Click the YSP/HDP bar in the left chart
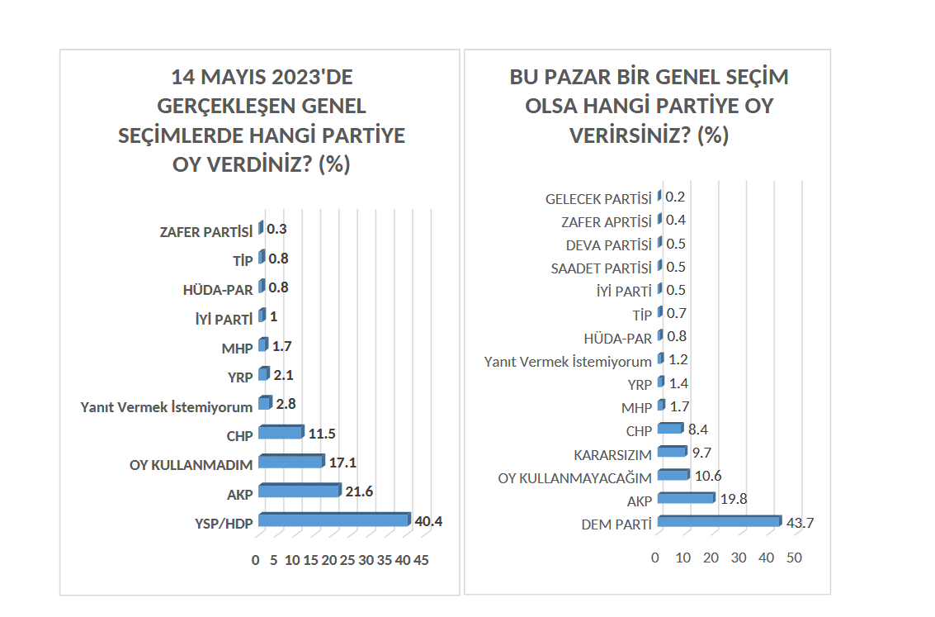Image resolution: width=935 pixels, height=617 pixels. click(x=333, y=520)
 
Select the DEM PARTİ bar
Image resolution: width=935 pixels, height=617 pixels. click(x=719, y=521)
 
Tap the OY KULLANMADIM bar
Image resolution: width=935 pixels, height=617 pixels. click(x=290, y=462)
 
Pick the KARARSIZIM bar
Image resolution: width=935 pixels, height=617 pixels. click(x=672, y=452)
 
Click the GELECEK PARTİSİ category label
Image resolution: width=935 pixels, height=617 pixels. click(x=598, y=199)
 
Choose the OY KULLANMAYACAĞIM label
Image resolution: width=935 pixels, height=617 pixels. click(x=575, y=478)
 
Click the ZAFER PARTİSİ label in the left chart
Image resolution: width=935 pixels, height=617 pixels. click(x=205, y=232)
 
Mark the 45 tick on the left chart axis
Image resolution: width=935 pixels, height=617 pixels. click(x=421, y=560)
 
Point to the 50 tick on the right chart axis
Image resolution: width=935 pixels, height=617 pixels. click(x=794, y=558)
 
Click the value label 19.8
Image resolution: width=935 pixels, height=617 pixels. click(x=732, y=499)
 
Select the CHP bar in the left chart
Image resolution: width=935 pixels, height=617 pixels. click(x=281, y=433)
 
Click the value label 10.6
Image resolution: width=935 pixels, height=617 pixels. click(x=706, y=476)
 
